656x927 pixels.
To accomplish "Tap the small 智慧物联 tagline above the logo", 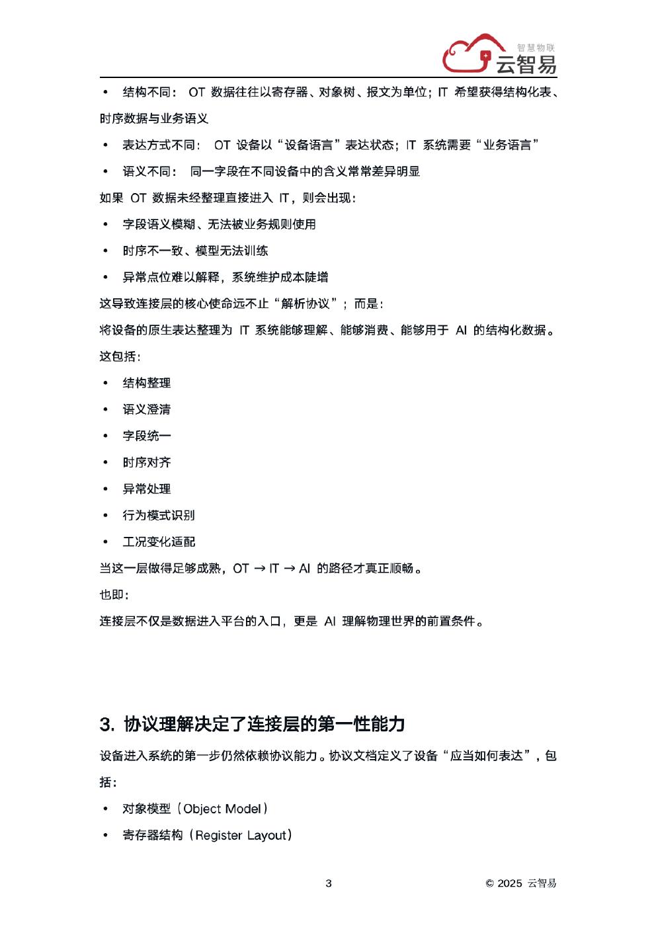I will (x=536, y=48).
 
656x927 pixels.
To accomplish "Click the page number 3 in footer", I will (x=329, y=883).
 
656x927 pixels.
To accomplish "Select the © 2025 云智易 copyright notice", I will (x=521, y=883).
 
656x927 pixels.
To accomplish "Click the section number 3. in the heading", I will (x=108, y=724).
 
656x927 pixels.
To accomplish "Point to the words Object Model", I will (x=222, y=809).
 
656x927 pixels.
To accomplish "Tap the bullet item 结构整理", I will (x=146, y=383).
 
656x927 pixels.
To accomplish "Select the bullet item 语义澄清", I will (x=146, y=409).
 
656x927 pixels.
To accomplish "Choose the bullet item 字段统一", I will (x=146, y=436).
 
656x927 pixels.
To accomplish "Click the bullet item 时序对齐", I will (x=146, y=462).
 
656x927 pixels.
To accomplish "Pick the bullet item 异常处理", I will (x=146, y=489).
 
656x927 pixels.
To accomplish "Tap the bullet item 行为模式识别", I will (x=158, y=515).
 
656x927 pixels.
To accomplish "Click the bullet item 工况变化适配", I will (x=159, y=542).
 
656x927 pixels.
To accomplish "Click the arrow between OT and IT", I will (x=259, y=568).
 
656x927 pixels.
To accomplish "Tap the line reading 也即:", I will (x=114, y=594).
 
